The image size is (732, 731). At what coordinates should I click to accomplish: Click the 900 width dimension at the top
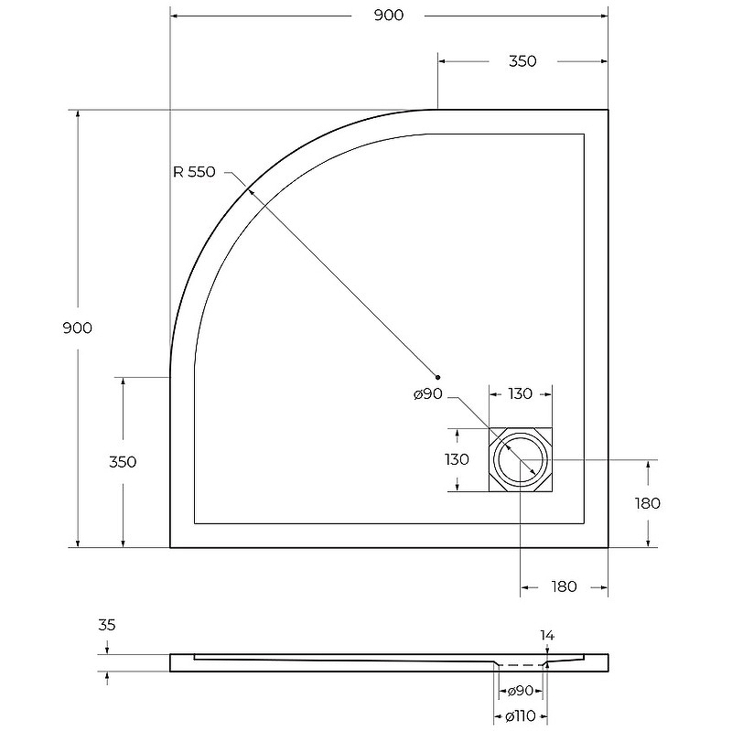389,16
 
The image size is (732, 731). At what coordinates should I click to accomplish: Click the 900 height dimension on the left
78,328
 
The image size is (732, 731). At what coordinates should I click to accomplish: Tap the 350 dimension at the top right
522,61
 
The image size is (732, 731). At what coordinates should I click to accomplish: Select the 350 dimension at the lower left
123,462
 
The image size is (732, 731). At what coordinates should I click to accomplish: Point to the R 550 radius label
194,172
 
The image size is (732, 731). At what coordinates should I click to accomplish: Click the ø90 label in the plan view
427,394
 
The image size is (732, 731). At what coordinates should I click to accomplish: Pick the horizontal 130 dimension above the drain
520,394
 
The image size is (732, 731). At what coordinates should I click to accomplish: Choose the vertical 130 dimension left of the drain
457,460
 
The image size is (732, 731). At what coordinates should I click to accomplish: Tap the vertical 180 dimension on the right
648,503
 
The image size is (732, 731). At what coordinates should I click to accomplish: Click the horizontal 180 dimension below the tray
564,586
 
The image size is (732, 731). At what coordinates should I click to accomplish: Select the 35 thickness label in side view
106,625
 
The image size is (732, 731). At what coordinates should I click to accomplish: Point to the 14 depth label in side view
547,635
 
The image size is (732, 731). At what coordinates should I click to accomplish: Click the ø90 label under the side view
520,691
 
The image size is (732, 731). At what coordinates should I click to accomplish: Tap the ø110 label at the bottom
520,715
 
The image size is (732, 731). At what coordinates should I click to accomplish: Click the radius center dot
437,377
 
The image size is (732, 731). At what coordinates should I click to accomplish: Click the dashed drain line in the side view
521,665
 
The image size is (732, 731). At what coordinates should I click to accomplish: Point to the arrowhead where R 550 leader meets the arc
249,191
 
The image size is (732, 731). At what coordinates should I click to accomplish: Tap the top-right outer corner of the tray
608,110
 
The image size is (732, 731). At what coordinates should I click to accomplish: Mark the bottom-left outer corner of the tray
170,547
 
